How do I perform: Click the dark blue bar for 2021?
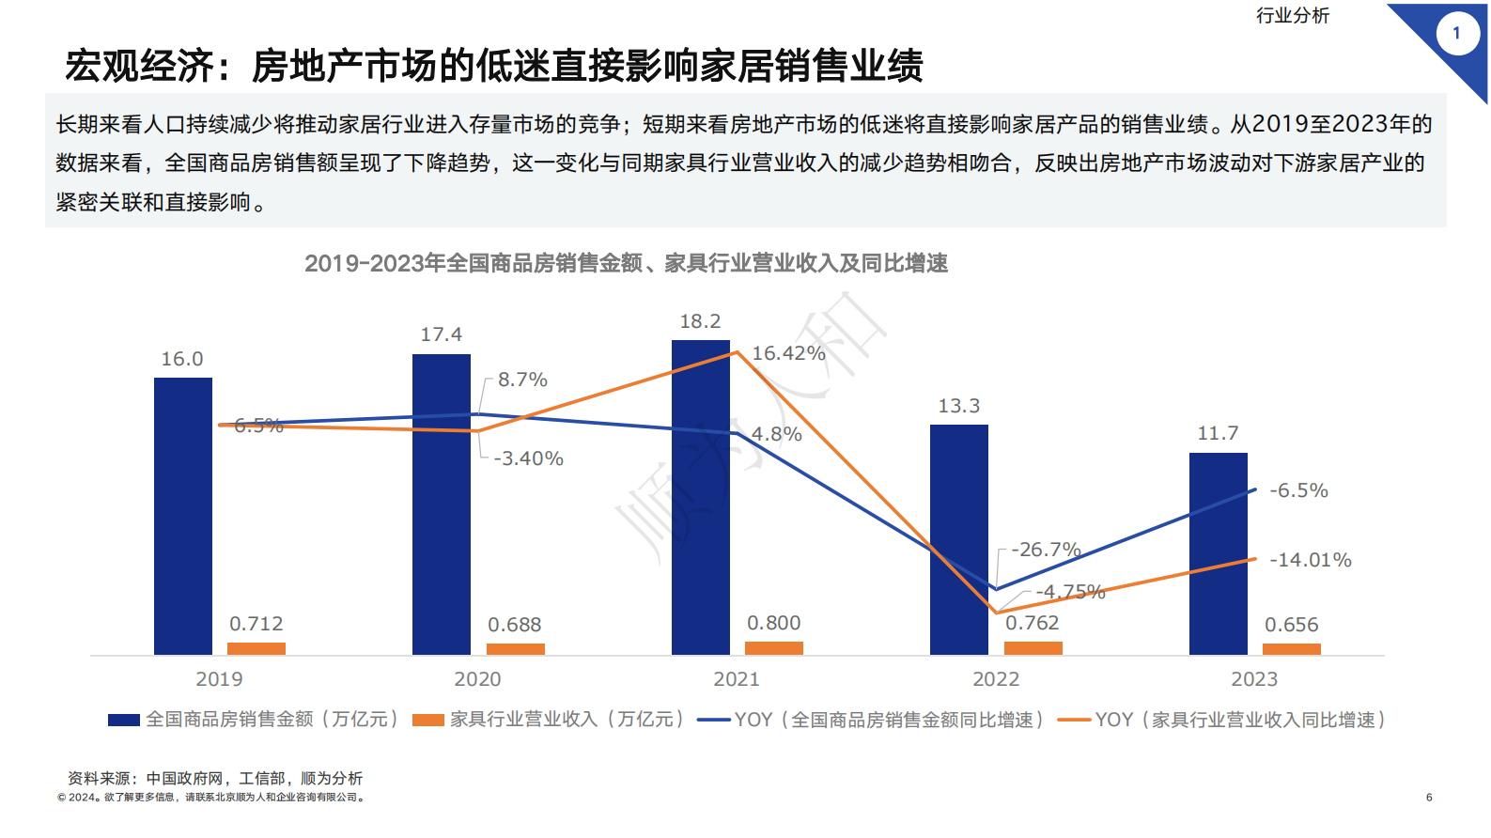coord(701,497)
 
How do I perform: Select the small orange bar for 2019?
coord(256,649)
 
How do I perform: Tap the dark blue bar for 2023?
coord(1219,553)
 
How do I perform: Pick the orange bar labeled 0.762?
coord(1033,648)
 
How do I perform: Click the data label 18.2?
coord(701,322)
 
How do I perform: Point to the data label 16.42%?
coord(788,353)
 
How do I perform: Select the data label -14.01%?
coord(1310,560)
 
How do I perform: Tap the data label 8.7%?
coord(522,380)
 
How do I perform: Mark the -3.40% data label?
coord(528,458)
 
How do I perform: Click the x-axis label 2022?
coord(996,679)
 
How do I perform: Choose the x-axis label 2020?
coord(477,679)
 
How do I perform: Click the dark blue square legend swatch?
coord(124,720)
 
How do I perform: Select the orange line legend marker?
coord(1074,720)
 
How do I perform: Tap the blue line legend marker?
coord(714,720)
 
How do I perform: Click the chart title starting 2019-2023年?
coord(626,264)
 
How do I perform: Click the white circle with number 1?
coord(1457,34)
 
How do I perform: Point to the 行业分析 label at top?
coord(1293,16)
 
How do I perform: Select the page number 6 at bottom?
coord(1429,798)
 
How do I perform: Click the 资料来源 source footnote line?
coord(215,778)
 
